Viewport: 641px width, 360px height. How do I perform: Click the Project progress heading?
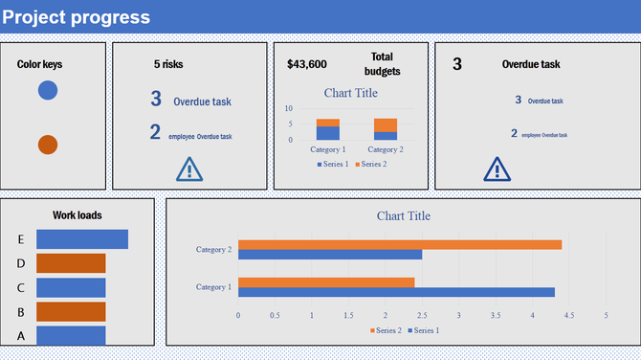click(x=77, y=17)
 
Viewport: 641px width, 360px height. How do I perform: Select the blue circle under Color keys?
click(x=48, y=91)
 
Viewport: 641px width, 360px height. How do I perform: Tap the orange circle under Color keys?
click(x=48, y=145)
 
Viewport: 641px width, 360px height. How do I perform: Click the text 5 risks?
click(x=168, y=64)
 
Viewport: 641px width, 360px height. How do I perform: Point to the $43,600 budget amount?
click(x=307, y=64)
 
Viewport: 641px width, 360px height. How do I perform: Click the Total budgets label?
click(x=382, y=64)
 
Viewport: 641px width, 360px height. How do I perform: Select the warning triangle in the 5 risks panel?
click(x=190, y=169)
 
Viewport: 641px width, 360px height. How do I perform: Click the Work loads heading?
click(x=77, y=215)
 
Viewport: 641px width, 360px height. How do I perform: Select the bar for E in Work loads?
click(x=81, y=239)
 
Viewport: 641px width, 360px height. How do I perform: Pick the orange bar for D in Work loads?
click(x=71, y=263)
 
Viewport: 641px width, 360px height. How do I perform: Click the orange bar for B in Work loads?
click(x=71, y=311)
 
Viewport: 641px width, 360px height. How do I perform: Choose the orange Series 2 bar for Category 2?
click(x=399, y=244)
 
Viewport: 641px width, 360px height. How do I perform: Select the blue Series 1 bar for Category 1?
click(x=396, y=292)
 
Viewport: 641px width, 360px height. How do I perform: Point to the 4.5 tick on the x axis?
click(x=569, y=315)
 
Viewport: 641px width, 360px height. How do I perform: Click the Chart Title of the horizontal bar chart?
click(x=404, y=216)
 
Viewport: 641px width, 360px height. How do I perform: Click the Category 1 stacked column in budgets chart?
click(x=328, y=130)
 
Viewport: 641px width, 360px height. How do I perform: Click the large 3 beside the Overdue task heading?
click(x=457, y=64)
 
